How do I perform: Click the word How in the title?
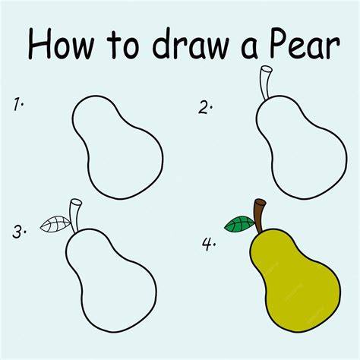[x=62, y=43]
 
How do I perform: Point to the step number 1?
[x=18, y=104]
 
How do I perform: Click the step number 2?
[x=205, y=107]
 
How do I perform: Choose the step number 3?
[x=19, y=232]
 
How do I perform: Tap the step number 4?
[x=209, y=245]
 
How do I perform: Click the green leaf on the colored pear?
[x=239, y=224]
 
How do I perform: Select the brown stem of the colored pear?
[x=260, y=215]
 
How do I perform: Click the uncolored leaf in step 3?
[x=55, y=224]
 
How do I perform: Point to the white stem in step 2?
[x=266, y=82]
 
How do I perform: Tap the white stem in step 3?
[x=75, y=215]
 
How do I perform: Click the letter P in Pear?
[x=279, y=43]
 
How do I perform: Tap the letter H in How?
[x=39, y=43]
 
